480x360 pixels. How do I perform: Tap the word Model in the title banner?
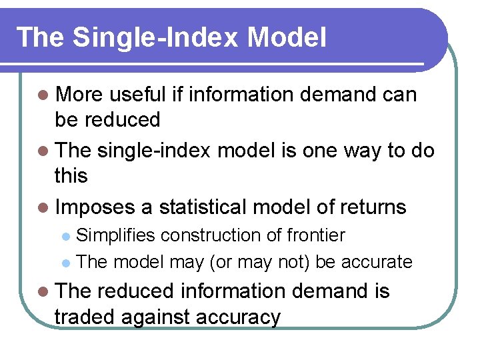(x=287, y=37)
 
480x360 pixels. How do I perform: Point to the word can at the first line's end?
(x=399, y=95)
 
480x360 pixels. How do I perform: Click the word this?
(x=71, y=177)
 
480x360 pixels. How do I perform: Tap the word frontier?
(x=316, y=235)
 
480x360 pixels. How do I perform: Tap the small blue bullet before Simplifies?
(x=65, y=236)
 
